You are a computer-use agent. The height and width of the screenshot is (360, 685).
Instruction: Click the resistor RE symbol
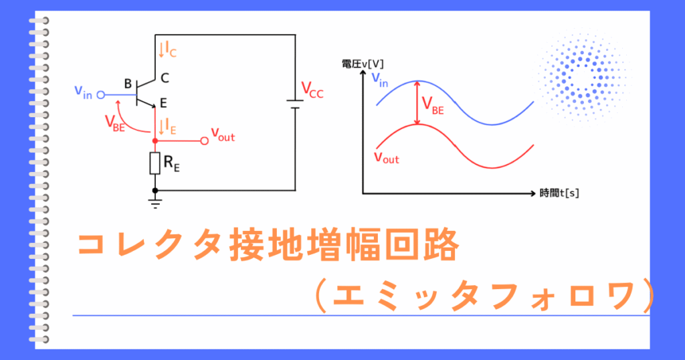155,163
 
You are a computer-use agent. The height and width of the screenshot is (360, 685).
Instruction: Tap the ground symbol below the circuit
155,203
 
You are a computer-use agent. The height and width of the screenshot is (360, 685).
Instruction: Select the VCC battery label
312,90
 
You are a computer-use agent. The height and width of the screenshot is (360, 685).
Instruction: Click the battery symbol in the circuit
295,104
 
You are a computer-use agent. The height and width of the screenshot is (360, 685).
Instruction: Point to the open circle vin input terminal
100,95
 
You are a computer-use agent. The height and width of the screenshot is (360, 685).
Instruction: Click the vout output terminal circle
204,141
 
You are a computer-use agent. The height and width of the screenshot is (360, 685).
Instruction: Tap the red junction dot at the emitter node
155,141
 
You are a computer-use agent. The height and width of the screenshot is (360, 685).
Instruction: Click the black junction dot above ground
155,191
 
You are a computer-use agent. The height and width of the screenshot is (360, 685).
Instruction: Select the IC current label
168,50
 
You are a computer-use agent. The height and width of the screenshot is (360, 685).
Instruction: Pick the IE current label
168,126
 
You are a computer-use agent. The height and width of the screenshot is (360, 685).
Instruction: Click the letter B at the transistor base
128,84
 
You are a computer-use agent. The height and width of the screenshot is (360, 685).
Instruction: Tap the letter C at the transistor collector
165,78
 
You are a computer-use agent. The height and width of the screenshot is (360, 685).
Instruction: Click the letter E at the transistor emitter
163,103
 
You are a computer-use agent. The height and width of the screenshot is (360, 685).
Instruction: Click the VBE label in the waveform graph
433,105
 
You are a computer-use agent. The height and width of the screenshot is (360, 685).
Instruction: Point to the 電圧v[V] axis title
363,64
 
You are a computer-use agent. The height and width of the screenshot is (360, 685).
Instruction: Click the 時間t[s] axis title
559,193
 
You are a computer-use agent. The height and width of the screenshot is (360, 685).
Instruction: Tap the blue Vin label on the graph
380,80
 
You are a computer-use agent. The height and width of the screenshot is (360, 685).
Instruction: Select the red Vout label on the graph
387,157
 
